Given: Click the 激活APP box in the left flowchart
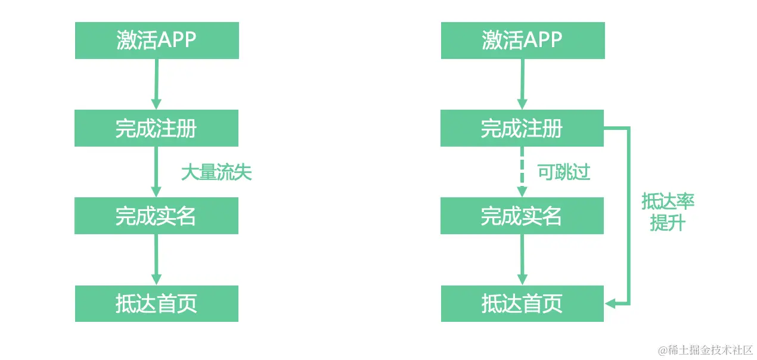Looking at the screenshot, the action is pyautogui.click(x=157, y=41).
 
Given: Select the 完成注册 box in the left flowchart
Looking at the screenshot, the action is pyautogui.click(x=156, y=128).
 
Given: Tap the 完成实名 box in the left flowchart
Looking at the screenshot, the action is pyautogui.click(x=156, y=216).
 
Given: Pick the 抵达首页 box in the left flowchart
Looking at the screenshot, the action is pyautogui.click(x=156, y=304).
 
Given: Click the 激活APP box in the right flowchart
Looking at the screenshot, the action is pyautogui.click(x=523, y=41).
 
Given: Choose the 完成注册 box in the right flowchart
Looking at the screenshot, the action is pyautogui.click(x=522, y=128).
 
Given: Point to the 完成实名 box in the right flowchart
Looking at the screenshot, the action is pyautogui.click(x=522, y=216).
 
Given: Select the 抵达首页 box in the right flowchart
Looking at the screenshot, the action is pyautogui.click(x=522, y=304).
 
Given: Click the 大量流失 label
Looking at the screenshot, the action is pyautogui.click(x=216, y=173).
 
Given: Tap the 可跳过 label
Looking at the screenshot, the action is pyautogui.click(x=564, y=173).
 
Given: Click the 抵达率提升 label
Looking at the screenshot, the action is pyautogui.click(x=668, y=212).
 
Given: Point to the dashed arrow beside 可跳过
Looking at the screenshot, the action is pyautogui.click(x=522, y=172).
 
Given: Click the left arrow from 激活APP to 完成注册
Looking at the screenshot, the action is pyautogui.click(x=156, y=84).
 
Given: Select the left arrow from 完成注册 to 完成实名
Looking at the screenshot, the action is pyautogui.click(x=156, y=172).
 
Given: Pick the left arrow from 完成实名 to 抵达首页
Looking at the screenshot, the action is pyautogui.click(x=156, y=259).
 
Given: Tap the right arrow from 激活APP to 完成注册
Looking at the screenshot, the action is pyautogui.click(x=522, y=84).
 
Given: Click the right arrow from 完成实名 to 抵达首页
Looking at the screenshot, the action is pyautogui.click(x=522, y=259).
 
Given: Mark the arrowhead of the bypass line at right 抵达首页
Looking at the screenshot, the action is pyautogui.click(x=610, y=303).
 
